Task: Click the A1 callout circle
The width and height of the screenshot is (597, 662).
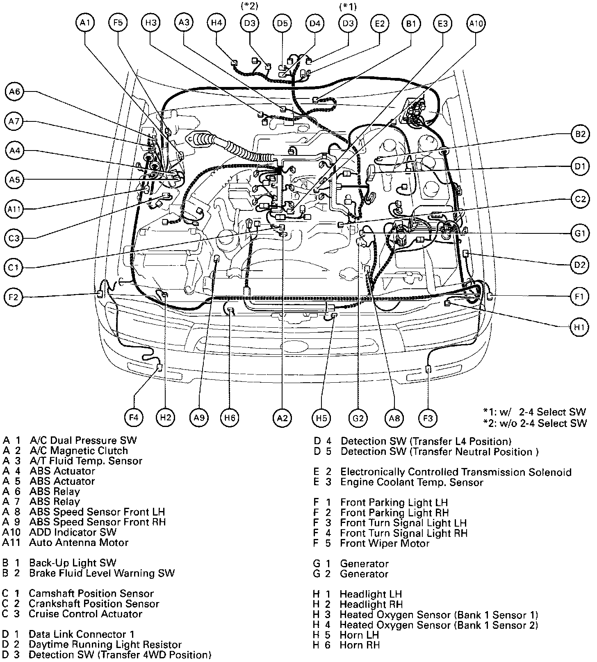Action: pos(85,23)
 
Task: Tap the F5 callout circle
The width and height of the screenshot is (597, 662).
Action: pos(118,23)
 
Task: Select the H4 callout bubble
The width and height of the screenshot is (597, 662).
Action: pos(216,23)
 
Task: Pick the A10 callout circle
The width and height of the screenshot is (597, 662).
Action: pos(476,23)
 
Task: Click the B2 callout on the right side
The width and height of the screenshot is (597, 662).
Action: pos(580,134)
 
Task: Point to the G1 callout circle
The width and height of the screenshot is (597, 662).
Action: pos(579,233)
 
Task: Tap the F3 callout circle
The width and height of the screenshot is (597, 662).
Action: pos(428,418)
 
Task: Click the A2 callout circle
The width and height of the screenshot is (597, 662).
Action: pos(282,418)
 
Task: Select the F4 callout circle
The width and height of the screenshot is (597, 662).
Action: pos(134,418)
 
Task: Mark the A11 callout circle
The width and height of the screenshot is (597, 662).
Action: pos(15,209)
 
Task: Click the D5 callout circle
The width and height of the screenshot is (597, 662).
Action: pos(282,23)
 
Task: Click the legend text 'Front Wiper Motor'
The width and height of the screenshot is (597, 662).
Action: pos(384,543)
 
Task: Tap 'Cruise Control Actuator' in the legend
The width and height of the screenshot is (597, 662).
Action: pos(85,614)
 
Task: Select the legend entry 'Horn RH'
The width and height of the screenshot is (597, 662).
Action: pos(360,645)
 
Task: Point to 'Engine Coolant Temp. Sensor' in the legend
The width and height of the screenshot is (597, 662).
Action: pos(412,482)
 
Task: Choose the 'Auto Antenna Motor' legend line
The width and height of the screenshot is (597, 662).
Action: pos(79,543)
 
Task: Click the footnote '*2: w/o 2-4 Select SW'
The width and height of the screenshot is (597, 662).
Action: pos(535,423)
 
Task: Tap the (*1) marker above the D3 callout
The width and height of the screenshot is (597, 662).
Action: pos(348,7)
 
